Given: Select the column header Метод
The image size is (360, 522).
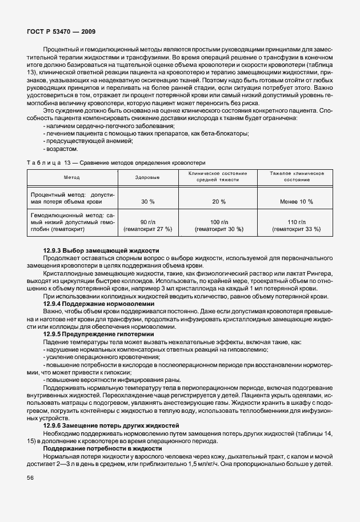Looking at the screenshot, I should tap(72, 177).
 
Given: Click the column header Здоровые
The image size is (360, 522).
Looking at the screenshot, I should tap(147, 177).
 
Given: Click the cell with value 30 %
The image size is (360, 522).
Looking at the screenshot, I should tap(147, 201).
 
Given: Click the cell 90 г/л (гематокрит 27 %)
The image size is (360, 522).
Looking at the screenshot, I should tap(147, 225).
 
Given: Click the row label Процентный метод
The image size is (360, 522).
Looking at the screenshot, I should tap(72, 198).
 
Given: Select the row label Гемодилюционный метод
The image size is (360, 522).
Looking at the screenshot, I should tap(72, 222).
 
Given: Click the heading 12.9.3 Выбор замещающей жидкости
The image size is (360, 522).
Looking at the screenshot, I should tap(101, 252).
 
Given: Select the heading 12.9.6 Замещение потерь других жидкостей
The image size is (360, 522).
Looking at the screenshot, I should tap(111, 425).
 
